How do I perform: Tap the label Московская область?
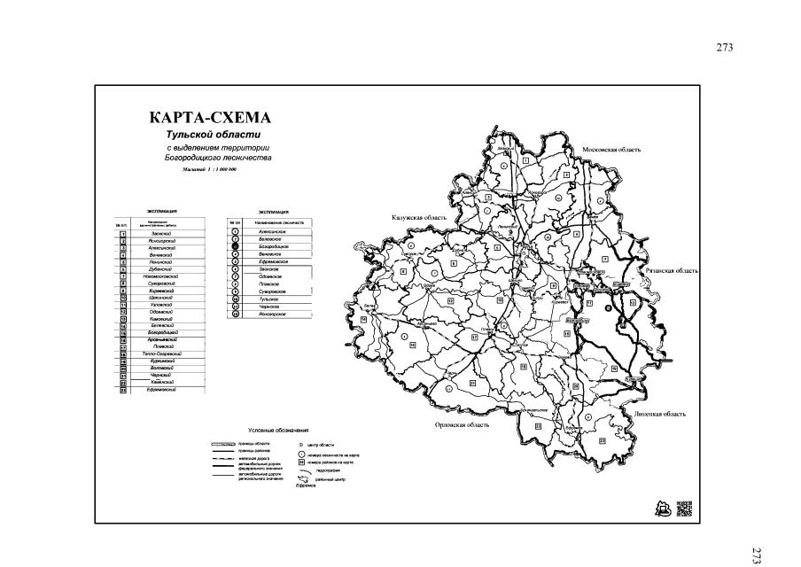pyautogui.click(x=610, y=150)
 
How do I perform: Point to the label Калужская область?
pyautogui.click(x=418, y=218)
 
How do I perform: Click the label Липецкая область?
pyautogui.click(x=660, y=414)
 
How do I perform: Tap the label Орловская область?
pyautogui.click(x=463, y=424)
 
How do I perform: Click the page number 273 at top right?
pyautogui.click(x=725, y=48)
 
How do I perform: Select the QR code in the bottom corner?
pyautogui.click(x=683, y=509)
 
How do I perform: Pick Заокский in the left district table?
pyautogui.click(x=162, y=233)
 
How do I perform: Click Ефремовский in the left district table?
pyautogui.click(x=162, y=390)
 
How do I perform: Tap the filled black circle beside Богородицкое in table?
pyautogui.click(x=235, y=247)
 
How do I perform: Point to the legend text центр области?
pyautogui.click(x=323, y=442)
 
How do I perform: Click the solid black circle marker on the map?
pyautogui.click(x=609, y=307)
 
